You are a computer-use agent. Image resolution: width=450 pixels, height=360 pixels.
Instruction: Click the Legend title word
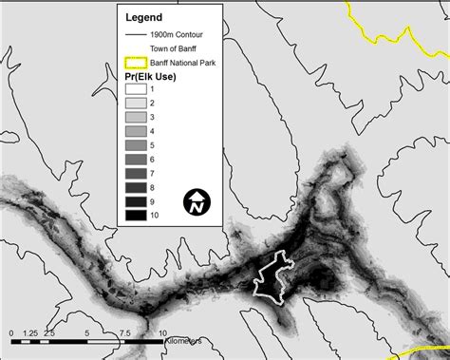(x=144, y=17)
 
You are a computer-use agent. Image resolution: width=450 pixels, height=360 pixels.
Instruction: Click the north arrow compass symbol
(x=197, y=201)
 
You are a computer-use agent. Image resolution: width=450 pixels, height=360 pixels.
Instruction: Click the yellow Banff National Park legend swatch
(x=137, y=64)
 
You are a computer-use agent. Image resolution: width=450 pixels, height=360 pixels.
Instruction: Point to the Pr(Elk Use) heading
(x=152, y=77)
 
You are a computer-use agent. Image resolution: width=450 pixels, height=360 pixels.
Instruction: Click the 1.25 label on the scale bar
(x=29, y=333)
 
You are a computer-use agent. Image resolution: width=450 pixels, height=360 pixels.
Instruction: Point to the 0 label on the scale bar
(x=9, y=333)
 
